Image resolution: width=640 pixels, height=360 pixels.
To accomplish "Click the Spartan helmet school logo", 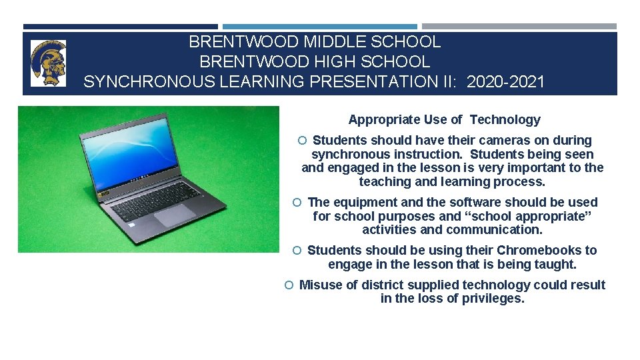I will point(49,63).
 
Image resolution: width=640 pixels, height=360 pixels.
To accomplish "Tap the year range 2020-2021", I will point(506,82).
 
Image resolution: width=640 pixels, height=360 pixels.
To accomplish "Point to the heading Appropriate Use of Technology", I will point(444,120).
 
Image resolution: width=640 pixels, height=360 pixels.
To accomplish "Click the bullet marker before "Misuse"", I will point(289,285).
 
